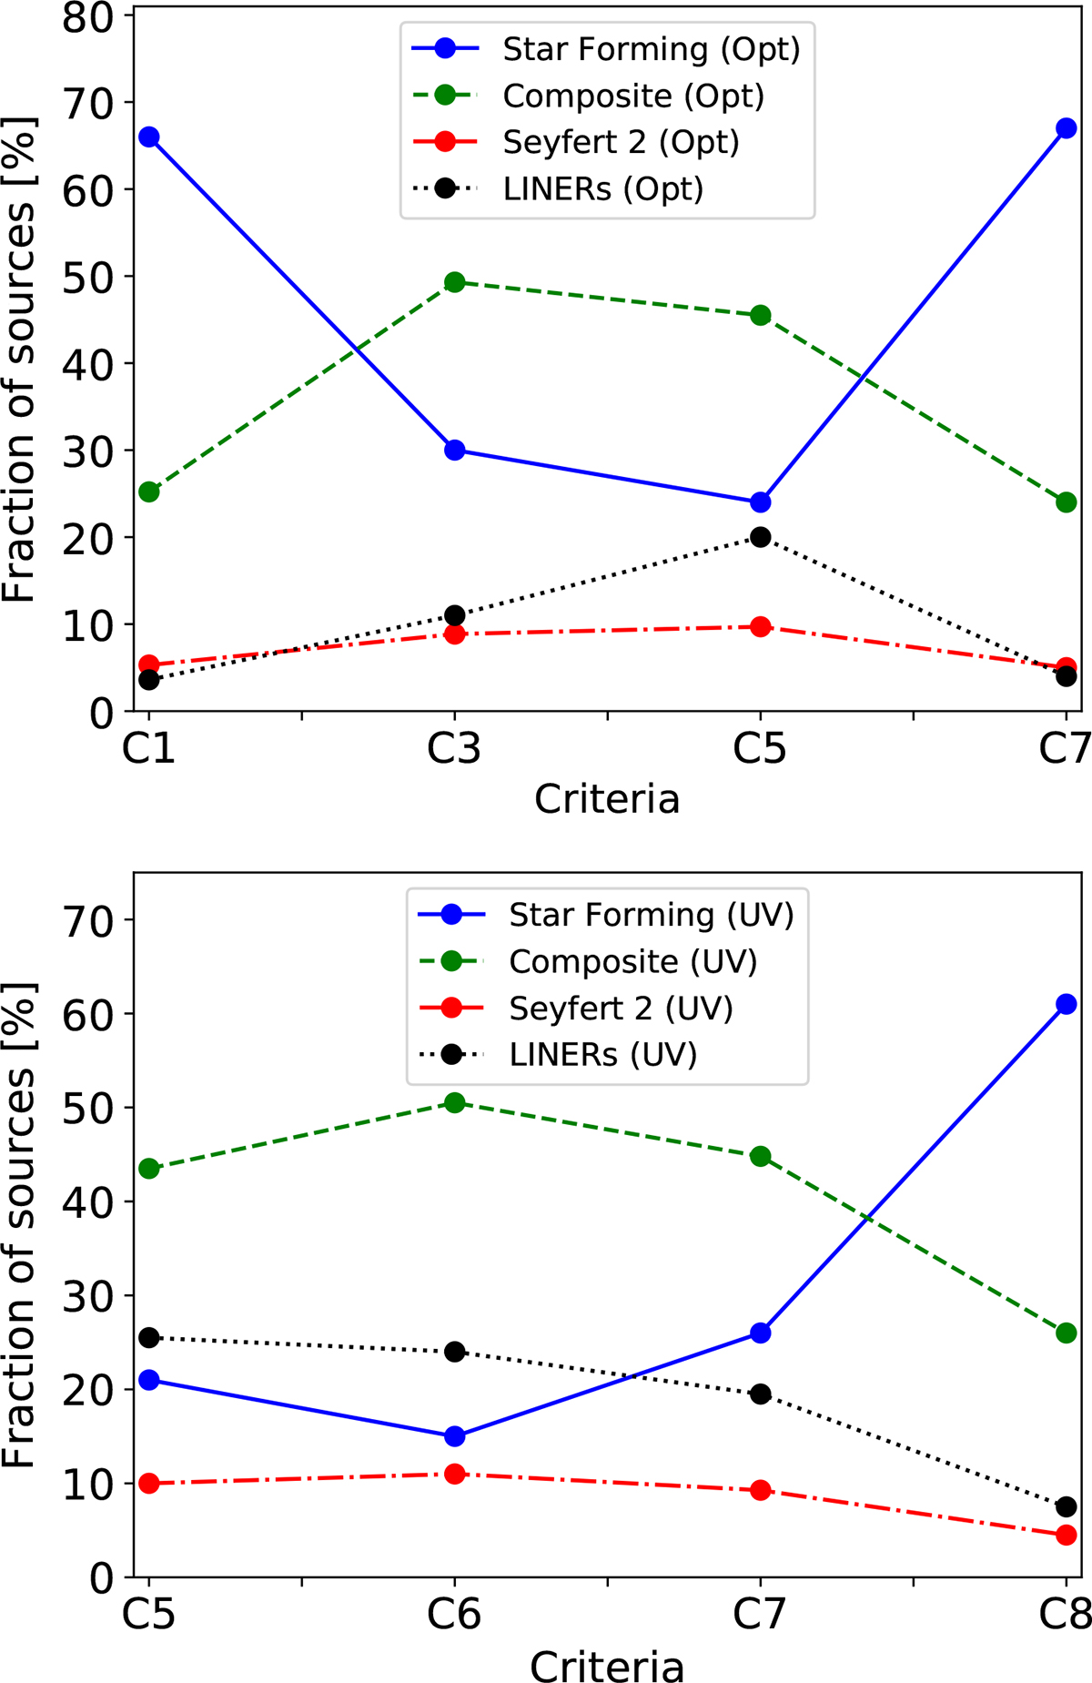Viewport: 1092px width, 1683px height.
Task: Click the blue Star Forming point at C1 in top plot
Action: pos(149,137)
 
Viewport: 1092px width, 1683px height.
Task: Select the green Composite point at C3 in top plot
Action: pos(455,282)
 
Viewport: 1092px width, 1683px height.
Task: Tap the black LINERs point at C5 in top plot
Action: pos(761,537)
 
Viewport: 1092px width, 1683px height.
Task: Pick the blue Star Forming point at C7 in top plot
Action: pos(1067,128)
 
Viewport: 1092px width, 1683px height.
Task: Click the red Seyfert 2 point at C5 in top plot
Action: pos(761,626)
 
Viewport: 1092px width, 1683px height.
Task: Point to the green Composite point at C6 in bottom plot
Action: pos(455,1103)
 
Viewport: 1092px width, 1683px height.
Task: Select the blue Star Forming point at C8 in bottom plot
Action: pos(1067,1004)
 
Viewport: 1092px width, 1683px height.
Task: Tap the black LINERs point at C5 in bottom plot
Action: pos(149,1338)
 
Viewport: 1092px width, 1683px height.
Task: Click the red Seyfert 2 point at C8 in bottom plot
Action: pos(1067,1535)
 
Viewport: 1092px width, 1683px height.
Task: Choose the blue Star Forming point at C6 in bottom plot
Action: pos(455,1436)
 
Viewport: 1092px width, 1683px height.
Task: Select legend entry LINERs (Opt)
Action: pos(602,189)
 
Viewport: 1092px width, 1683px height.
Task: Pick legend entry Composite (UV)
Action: pos(632,961)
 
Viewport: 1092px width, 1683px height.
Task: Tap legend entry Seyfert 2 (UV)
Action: pos(621,1009)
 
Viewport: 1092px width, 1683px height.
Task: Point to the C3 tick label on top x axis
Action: pos(454,749)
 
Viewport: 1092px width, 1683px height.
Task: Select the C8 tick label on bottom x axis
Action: pos(1065,1615)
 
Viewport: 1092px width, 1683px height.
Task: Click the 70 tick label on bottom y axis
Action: pos(87,920)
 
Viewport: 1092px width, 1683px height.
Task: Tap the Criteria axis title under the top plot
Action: pos(607,799)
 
